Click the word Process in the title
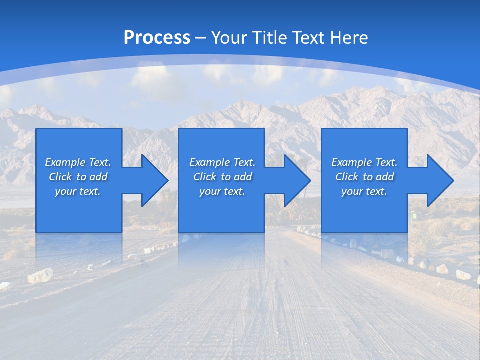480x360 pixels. coord(157,38)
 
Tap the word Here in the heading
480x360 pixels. coord(350,38)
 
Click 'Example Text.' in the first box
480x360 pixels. coord(78,162)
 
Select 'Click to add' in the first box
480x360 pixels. coord(78,177)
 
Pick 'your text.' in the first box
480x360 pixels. coord(78,191)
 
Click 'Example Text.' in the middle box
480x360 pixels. coord(222,162)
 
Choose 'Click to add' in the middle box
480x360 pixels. coord(222,177)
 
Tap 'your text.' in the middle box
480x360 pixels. coord(222,191)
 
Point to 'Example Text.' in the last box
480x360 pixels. coord(364,162)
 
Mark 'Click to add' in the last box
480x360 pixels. coord(364,177)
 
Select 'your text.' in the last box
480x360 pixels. coord(364,191)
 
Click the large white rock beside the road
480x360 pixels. coord(40,275)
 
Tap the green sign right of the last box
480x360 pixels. coord(414,216)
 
